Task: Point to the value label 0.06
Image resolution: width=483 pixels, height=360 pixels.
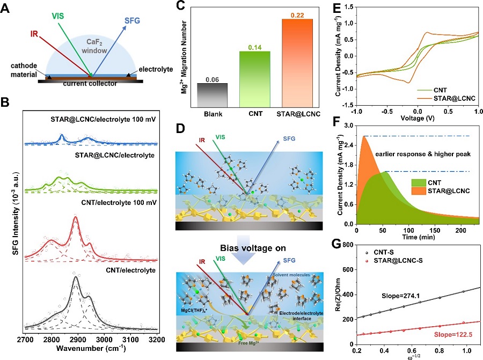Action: (212, 79)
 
